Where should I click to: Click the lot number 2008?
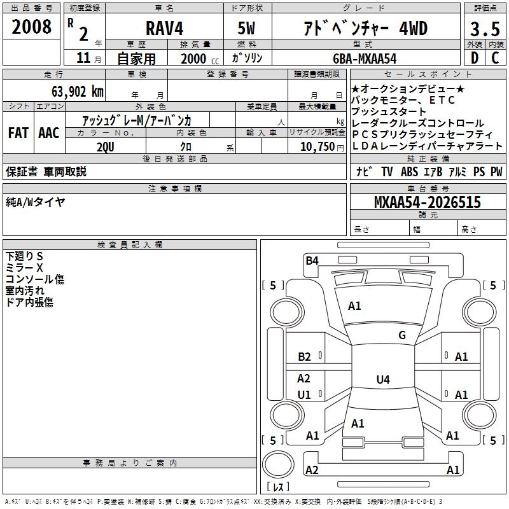pos(31,27)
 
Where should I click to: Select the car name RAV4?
pos(164,28)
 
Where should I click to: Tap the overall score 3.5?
pos(485,29)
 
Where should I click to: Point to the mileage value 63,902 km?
pos(78,91)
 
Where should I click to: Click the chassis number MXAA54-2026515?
pos(428,202)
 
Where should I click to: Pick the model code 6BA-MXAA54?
pos(365,59)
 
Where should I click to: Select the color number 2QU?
pos(106,147)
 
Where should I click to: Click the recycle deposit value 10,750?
pos(317,147)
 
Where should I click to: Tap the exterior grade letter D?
pos(475,58)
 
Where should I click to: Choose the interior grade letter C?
pos(495,58)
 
